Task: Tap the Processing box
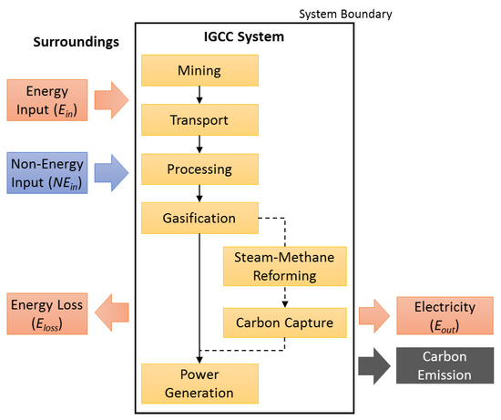199,169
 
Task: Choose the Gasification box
199,219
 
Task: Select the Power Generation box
199,384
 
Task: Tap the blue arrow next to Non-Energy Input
114,170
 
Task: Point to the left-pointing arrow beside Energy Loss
113,312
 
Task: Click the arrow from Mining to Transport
199,93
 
